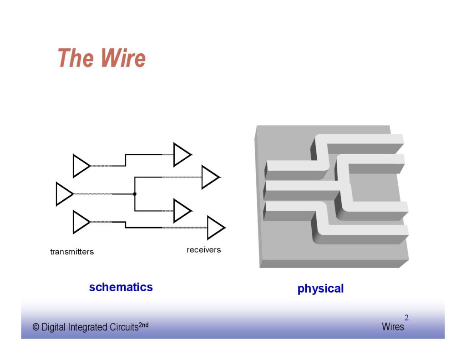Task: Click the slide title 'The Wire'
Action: tap(101, 58)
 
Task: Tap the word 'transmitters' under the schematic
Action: tap(72, 252)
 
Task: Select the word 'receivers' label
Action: tap(203, 250)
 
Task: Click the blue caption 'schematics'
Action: tap(121, 287)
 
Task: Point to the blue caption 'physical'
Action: tap(320, 289)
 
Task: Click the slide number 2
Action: tap(406, 318)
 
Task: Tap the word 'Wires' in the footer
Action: tap(393, 327)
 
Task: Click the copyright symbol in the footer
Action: tap(36, 327)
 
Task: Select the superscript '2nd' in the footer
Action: tap(143, 325)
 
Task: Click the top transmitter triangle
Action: tap(81, 166)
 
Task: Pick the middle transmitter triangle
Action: tap(63, 194)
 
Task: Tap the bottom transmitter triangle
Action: tap(81, 222)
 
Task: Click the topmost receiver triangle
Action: tap(182, 155)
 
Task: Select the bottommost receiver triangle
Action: tap(215, 228)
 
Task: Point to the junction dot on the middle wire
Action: tap(135, 194)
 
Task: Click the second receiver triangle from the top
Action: tap(210, 177)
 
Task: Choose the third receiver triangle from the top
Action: tap(182, 211)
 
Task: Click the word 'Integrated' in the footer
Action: tap(88, 327)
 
